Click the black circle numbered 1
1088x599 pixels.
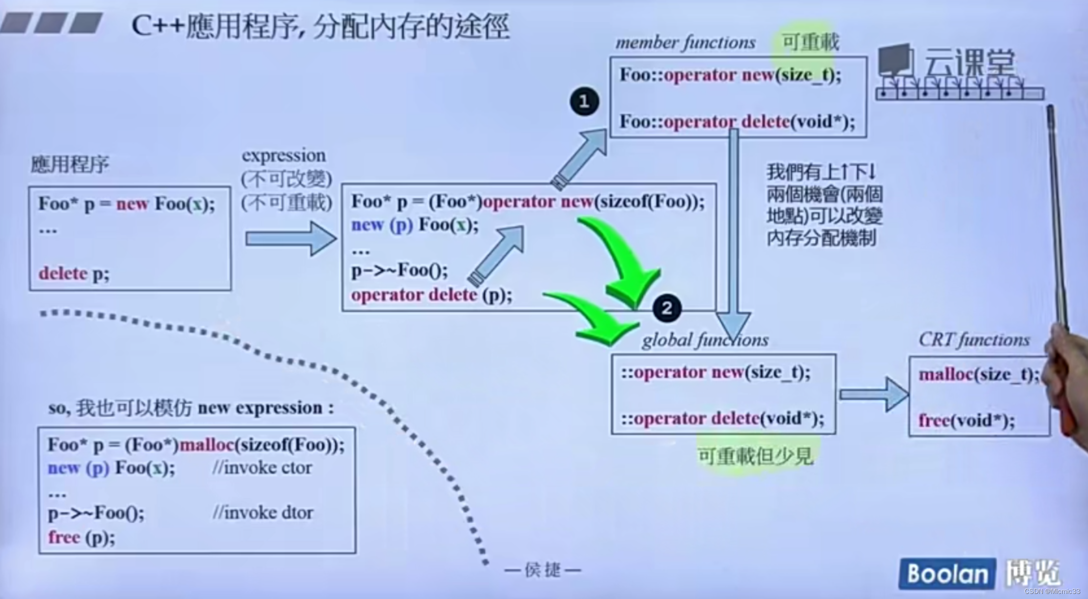pos(584,102)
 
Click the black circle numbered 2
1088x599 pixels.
pos(667,308)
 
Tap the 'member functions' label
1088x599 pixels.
pos(685,43)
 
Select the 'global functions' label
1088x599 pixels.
pos(705,340)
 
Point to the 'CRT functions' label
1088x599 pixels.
pos(974,340)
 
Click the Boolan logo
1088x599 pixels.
pos(947,574)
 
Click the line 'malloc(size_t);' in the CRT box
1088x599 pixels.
pos(978,375)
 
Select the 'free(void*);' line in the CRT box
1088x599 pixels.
pos(966,420)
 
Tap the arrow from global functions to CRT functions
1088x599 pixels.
pos(873,395)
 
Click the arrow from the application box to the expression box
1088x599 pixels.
pos(290,238)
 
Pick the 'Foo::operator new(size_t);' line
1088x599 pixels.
pos(730,75)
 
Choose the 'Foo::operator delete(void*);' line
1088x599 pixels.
pos(737,122)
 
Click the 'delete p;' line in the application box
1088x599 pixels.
pos(74,274)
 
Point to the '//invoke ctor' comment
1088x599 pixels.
pos(262,467)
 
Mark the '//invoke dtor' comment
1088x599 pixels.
pos(263,513)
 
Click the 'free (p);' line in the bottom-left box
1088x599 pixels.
pos(81,537)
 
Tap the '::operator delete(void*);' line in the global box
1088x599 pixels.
pos(723,418)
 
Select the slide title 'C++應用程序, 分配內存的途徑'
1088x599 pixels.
pos(320,26)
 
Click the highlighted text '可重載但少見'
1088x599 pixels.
pos(755,456)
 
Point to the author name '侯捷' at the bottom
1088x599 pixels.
pos(542,570)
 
